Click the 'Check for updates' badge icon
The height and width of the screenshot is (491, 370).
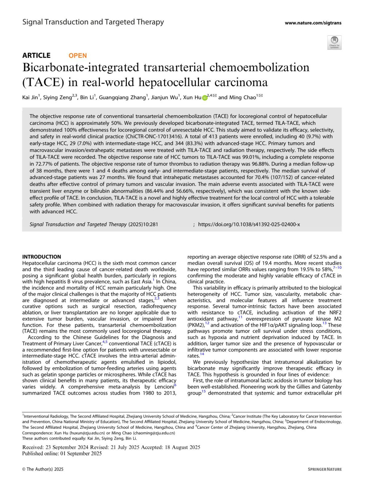click(x=334, y=42)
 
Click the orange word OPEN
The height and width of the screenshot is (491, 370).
click(x=78, y=55)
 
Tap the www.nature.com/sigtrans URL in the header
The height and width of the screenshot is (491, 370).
click(x=313, y=23)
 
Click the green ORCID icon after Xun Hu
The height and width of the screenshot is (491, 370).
click(x=204, y=98)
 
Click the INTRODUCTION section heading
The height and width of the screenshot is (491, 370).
click(x=42, y=257)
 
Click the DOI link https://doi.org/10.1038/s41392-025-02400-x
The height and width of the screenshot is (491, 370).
click(x=249, y=224)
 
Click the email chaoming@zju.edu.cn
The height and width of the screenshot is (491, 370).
click(x=154, y=433)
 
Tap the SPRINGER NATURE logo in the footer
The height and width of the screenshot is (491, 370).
click(x=325, y=469)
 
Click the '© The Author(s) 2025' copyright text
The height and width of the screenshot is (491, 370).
click(x=43, y=469)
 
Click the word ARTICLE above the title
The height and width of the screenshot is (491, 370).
click(x=36, y=55)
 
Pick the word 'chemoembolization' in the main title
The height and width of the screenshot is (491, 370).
click(x=259, y=68)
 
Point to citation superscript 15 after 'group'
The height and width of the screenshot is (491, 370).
click(x=203, y=392)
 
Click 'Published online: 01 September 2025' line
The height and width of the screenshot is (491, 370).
click(x=62, y=453)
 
